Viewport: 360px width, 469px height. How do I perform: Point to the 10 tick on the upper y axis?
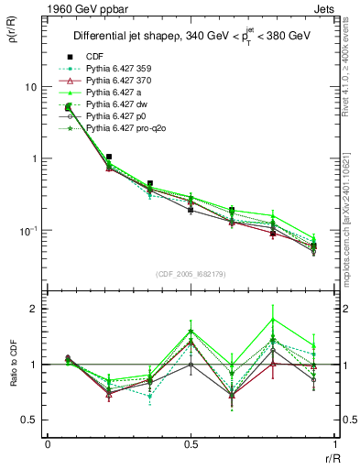pos(32,87)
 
